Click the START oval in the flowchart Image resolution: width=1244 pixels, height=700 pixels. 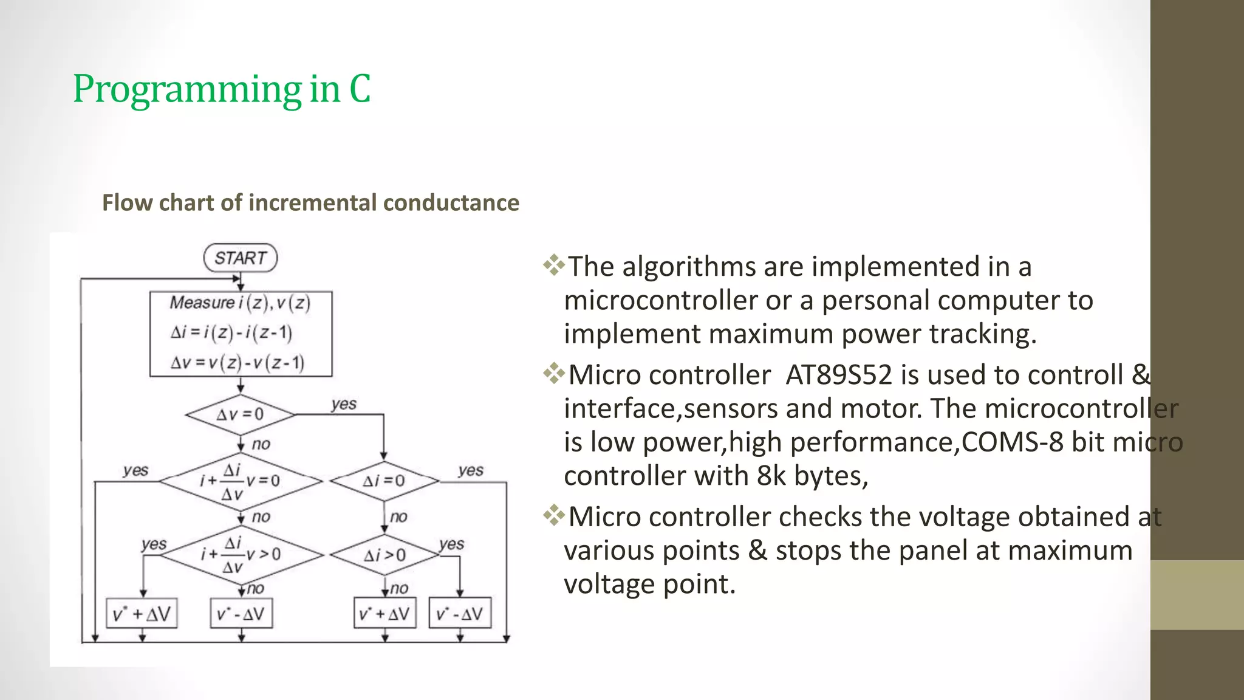(241, 258)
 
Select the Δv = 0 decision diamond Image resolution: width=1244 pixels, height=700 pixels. (241, 414)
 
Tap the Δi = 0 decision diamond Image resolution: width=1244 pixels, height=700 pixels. (384, 481)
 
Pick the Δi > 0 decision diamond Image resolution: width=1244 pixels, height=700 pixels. (384, 555)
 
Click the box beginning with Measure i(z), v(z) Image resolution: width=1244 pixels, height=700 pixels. (241, 334)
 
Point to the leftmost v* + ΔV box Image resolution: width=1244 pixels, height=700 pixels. (142, 614)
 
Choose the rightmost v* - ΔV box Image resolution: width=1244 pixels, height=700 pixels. (460, 614)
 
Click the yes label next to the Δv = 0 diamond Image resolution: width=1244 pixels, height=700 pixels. (344, 404)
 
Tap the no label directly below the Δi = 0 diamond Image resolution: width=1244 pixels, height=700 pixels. (398, 517)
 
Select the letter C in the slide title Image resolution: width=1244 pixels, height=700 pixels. (360, 89)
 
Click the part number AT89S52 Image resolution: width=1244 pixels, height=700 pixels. (839, 375)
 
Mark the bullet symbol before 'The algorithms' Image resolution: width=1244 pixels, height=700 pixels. (553, 266)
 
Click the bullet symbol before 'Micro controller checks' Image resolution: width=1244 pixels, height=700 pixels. (553, 516)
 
